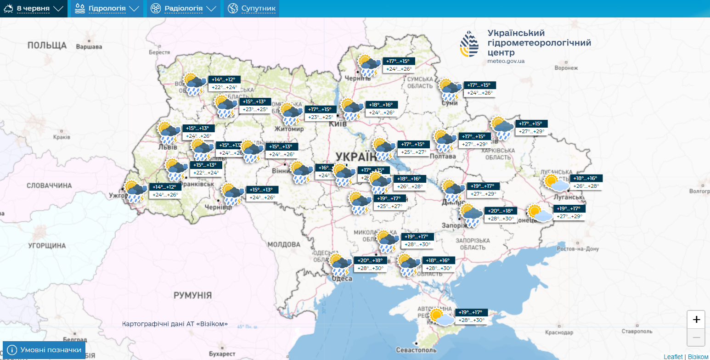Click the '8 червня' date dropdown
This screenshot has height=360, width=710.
[34, 9]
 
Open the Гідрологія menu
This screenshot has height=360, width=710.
[107, 9]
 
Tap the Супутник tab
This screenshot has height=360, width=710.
[252, 9]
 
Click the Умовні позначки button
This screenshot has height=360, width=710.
[44, 350]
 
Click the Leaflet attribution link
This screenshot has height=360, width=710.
[673, 356]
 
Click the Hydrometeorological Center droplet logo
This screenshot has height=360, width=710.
[469, 44]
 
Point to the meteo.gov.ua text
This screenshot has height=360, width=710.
[506, 61]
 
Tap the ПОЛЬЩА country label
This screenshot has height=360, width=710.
[47, 45]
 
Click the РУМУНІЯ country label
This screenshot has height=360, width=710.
[192, 295]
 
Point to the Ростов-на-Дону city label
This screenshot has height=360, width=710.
[578, 249]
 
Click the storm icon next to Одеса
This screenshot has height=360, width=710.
[340, 264]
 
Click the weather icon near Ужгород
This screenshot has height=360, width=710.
[136, 191]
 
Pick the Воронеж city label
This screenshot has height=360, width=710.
[566, 68]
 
